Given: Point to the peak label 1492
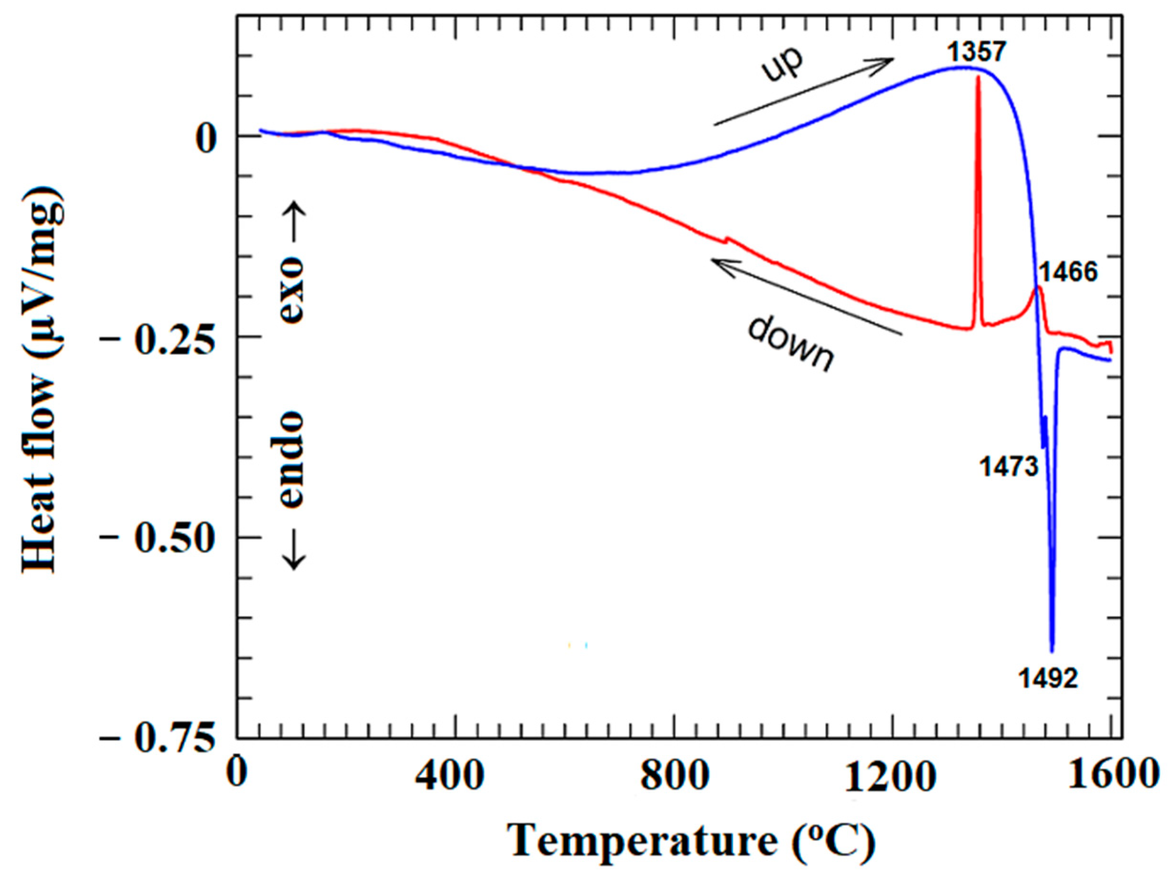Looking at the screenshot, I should [x=1048, y=679].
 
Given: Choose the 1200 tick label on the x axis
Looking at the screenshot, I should [x=892, y=776].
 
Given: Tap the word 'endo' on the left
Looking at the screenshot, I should [x=291, y=459].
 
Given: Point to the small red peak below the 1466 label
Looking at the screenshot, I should [x=1039, y=289].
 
